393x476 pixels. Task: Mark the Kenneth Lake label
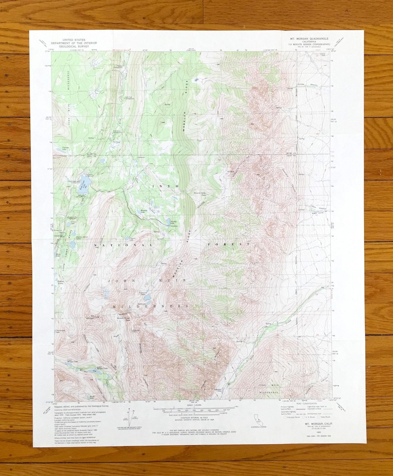(145, 211)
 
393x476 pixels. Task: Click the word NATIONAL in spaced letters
(123, 245)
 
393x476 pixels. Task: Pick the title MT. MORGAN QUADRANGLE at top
(309, 39)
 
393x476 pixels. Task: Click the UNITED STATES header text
(74, 40)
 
